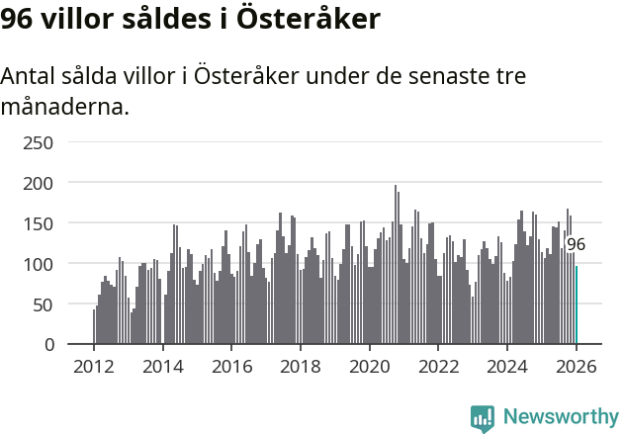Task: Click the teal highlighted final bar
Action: pos(577,305)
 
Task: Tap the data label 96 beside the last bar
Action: pos(576,244)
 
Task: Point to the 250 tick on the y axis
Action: pos(38,142)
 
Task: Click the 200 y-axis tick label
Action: pos(38,183)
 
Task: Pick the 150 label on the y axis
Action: pos(38,223)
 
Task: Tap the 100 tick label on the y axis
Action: pos(38,264)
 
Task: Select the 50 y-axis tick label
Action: pos(43,304)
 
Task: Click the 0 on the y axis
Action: pos(47,345)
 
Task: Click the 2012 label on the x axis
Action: pos(94,365)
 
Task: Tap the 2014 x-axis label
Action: pos(163,365)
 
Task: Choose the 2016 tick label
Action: pos(231,365)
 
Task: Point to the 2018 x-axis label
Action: pos(301,365)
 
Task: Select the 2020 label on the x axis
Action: pos(370,365)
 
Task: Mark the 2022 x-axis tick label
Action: pos(438,365)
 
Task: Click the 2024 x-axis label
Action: pos(507,365)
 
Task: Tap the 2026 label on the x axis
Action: pos(577,365)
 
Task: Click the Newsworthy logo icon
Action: pos(483,418)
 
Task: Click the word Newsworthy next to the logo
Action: pos(560,417)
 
